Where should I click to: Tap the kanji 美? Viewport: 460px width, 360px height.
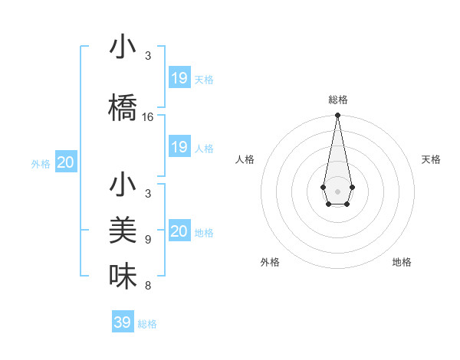pos(123,231)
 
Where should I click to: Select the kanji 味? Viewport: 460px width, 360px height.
pos(123,277)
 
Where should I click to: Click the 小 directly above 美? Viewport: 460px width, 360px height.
pos(123,185)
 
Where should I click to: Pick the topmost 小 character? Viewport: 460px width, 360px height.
pos(123,47)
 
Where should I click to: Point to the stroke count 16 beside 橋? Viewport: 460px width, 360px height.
pos(148,117)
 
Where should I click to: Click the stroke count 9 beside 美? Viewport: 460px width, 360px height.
pos(148,239)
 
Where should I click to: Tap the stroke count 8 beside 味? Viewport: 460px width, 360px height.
pos(148,286)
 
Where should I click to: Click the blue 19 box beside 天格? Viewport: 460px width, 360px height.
pos(179,78)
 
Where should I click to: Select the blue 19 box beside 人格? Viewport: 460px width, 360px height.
pos(179,147)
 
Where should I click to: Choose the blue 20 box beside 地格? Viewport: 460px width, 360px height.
pos(179,231)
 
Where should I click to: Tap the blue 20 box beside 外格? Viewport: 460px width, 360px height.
pos(66,162)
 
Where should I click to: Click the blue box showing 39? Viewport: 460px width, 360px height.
pos(122,322)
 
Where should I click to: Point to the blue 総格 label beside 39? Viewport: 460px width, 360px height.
pos(147,324)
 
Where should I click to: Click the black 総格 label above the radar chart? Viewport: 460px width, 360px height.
pos(337,100)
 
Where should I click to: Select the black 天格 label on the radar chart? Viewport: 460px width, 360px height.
pos(431,159)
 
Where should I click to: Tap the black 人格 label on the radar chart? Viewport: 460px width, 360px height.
pos(245,159)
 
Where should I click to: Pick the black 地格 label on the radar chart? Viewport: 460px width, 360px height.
pos(402,262)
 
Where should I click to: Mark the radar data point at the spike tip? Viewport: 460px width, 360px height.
pos(337,116)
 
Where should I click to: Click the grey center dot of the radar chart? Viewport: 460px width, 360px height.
pos(337,191)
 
